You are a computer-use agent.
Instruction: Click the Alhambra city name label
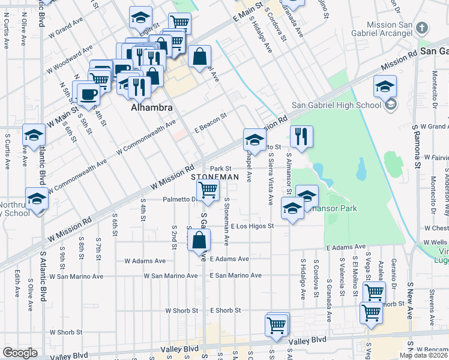pos(152,108)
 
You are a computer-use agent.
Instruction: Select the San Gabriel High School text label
pos(336,105)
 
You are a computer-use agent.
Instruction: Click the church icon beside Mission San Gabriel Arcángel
pos(422,28)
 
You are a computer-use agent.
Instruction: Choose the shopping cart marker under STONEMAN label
pos(208,191)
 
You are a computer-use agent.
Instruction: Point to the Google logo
pos(20,353)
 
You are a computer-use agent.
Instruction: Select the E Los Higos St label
pos(252,226)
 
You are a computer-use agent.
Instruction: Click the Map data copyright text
pos(424,355)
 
